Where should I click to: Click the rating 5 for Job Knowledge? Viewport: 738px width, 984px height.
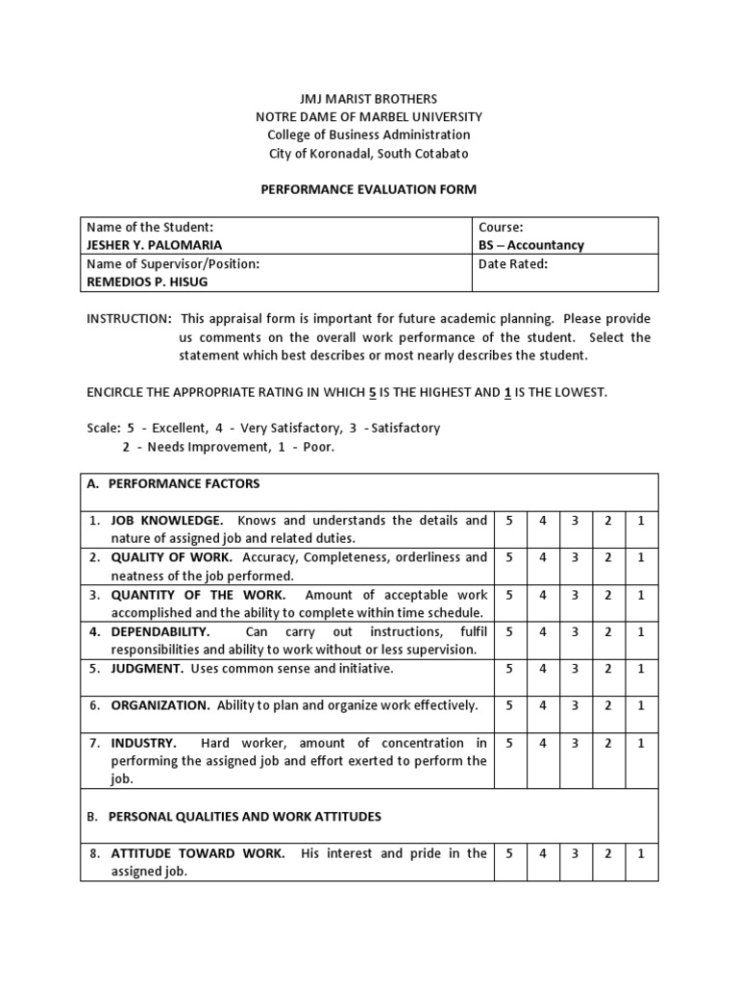(509, 521)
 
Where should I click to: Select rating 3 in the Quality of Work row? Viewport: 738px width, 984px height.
(575, 557)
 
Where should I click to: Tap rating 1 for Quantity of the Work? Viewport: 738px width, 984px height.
(641, 595)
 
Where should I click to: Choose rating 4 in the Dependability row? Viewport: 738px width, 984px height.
(542, 631)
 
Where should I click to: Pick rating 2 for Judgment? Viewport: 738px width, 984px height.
(607, 668)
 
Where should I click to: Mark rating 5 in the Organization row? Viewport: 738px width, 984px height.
(509, 705)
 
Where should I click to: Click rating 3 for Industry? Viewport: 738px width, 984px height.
(575, 743)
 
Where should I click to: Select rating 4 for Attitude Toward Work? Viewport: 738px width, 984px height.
(542, 853)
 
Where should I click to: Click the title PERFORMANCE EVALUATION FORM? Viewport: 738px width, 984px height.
(369, 189)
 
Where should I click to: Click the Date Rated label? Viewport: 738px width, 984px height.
(513, 264)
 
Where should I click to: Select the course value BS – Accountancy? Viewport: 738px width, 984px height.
(530, 245)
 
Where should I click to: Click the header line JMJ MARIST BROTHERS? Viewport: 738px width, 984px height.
(369, 99)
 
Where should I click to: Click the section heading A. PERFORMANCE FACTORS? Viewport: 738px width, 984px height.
(173, 483)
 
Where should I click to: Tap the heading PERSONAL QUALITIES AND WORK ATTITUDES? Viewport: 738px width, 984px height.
(244, 817)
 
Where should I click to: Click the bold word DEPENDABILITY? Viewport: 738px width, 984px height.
(160, 631)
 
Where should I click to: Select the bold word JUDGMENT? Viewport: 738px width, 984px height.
(148, 668)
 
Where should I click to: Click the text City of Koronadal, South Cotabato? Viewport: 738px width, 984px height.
(369, 154)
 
